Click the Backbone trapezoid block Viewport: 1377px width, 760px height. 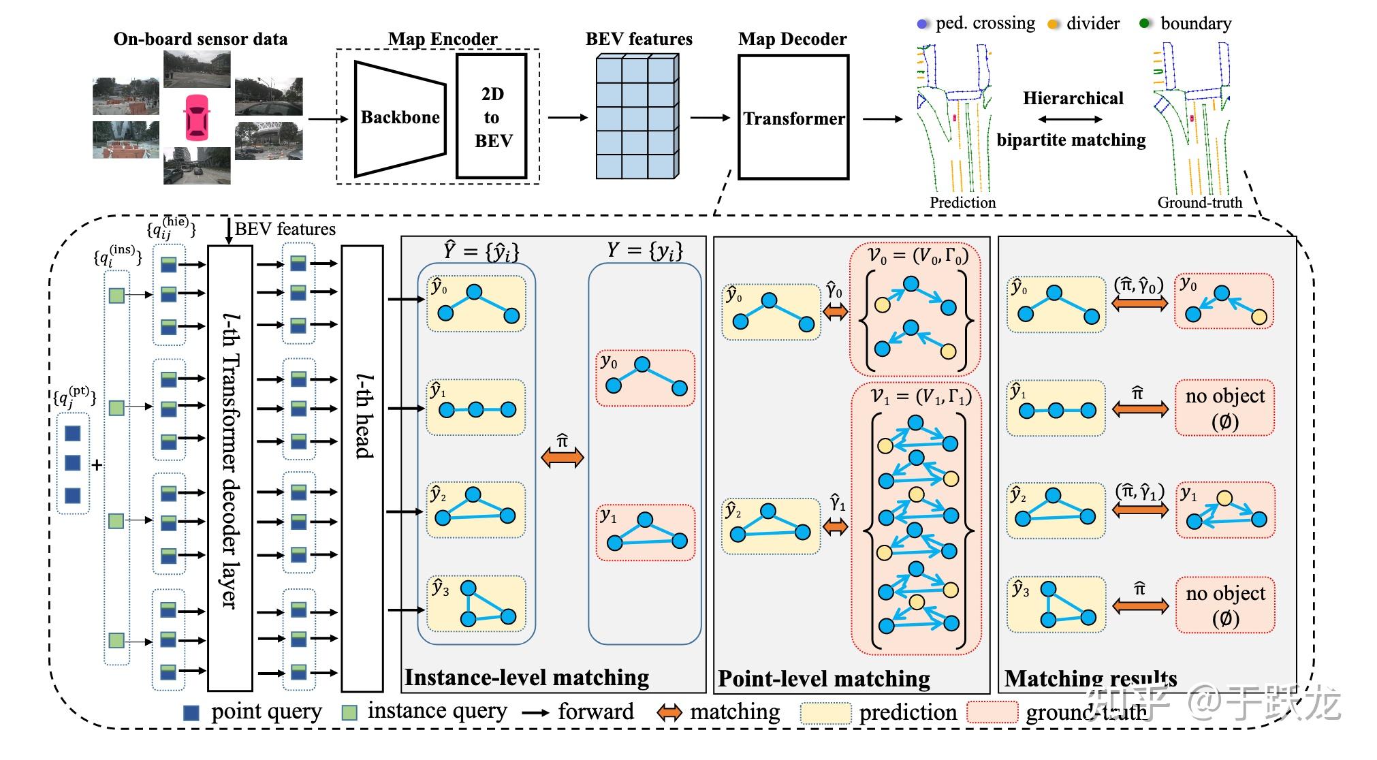tap(399, 118)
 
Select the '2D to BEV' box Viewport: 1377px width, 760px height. tap(492, 117)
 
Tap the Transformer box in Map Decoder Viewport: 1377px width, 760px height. tap(793, 118)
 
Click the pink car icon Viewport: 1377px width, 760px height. tap(197, 116)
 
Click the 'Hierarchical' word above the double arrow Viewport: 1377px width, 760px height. tap(1073, 98)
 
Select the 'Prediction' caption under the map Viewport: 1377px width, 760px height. tap(962, 202)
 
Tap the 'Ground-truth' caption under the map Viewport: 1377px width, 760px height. tap(1200, 202)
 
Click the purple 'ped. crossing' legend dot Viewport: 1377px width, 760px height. tap(923, 24)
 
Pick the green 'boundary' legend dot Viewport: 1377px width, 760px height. tap(1145, 23)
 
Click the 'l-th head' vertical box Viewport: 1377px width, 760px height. tap(362, 469)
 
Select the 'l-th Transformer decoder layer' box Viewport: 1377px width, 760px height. tap(230, 469)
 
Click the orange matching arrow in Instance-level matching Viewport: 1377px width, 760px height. tap(563, 458)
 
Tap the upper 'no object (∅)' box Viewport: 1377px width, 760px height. tap(1224, 408)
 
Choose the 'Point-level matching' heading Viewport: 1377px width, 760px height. tap(824, 678)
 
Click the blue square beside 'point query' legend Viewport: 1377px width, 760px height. tap(191, 712)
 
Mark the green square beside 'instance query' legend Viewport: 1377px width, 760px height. tap(349, 712)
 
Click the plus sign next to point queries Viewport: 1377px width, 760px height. tap(97, 465)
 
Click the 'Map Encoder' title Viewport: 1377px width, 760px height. tap(443, 39)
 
